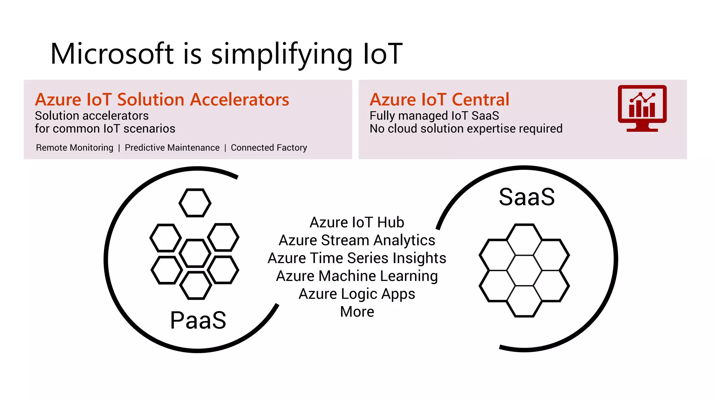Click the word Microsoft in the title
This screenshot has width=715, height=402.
[112, 54]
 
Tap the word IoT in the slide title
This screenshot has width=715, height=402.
[383, 54]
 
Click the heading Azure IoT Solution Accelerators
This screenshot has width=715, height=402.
[162, 100]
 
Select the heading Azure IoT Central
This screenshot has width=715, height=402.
[440, 100]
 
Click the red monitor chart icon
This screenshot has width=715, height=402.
[642, 108]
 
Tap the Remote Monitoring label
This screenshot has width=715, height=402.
[74, 148]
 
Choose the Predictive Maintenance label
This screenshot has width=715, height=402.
[172, 148]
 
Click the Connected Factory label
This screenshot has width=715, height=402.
[269, 148]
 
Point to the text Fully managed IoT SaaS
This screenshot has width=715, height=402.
[434, 116]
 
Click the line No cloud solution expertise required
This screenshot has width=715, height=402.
[466, 129]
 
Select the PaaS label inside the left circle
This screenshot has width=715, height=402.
[198, 320]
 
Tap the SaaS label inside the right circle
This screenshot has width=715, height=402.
[526, 197]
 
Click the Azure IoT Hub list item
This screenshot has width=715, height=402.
[357, 223]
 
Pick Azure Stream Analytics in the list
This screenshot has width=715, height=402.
[357, 240]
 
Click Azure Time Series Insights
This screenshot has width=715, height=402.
[357, 258]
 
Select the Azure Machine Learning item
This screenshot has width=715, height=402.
[357, 276]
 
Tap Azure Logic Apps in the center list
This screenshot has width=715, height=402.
[357, 294]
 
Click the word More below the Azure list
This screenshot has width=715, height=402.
[357, 312]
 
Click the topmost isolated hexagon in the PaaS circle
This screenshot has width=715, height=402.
[195, 203]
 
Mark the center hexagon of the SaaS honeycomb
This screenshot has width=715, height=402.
[524, 270]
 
